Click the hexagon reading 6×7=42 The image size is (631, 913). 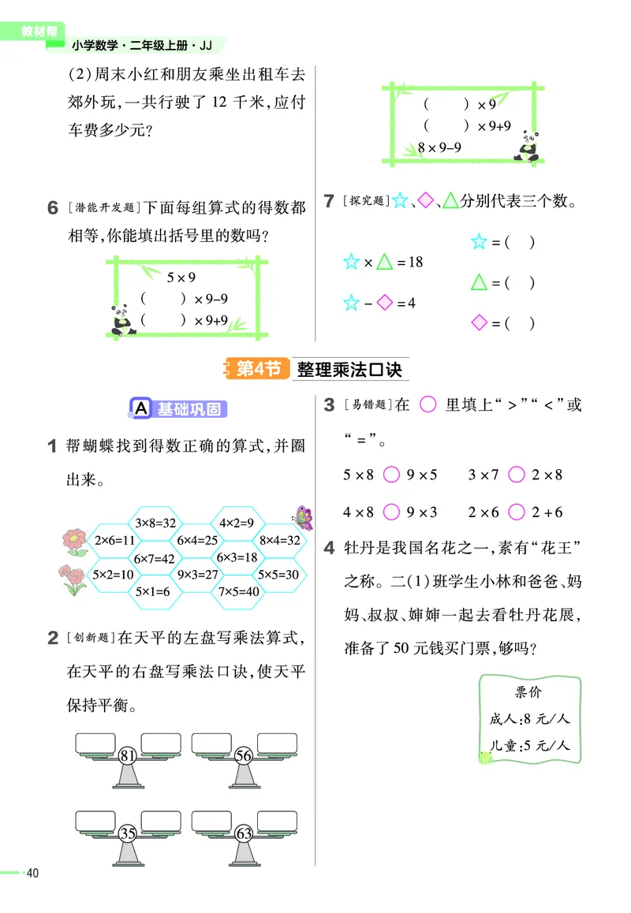155,558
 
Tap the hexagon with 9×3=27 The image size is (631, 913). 197,575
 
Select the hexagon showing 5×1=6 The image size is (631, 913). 155,591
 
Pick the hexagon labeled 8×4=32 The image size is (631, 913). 280,540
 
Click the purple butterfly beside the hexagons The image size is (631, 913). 303,517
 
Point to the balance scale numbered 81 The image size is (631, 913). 128,756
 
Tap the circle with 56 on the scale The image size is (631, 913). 243,756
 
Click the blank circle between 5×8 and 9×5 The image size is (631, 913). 390,475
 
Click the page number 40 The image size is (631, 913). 32,873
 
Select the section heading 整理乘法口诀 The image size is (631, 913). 349,369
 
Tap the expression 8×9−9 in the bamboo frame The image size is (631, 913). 439,147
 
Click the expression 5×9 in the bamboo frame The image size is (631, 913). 181,278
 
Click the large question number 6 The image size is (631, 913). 53,208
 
